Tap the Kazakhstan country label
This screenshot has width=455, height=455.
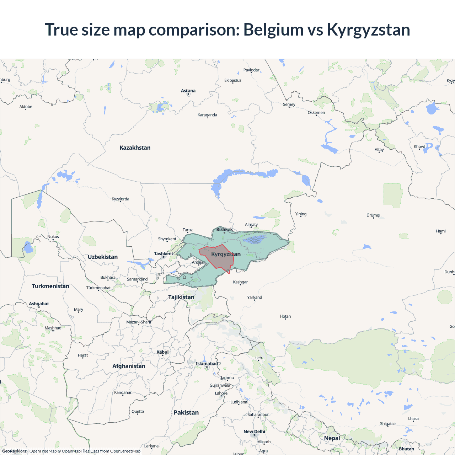coord(135,148)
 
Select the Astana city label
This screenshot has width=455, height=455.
coord(188,91)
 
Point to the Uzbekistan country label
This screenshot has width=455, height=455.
coord(103,257)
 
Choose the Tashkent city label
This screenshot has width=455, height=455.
coord(164,253)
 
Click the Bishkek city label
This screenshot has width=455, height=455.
coord(225,229)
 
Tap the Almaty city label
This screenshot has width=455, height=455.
coord(251,224)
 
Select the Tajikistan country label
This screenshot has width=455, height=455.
coord(181,297)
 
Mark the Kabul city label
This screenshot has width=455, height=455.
coord(162,352)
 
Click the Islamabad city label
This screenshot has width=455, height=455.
coord(207,364)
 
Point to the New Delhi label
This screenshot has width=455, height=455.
coord(254,432)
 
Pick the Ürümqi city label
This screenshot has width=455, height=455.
coord(373,215)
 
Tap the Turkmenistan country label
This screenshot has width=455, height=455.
coord(50,286)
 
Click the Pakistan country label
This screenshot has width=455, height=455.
coord(186,413)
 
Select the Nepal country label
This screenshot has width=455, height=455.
coord(332,438)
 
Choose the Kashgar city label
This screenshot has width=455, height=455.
coord(240,282)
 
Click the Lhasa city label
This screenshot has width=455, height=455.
coord(413,418)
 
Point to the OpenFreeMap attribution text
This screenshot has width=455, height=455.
coord(43,451)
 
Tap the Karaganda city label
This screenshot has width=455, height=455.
coord(207,115)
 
